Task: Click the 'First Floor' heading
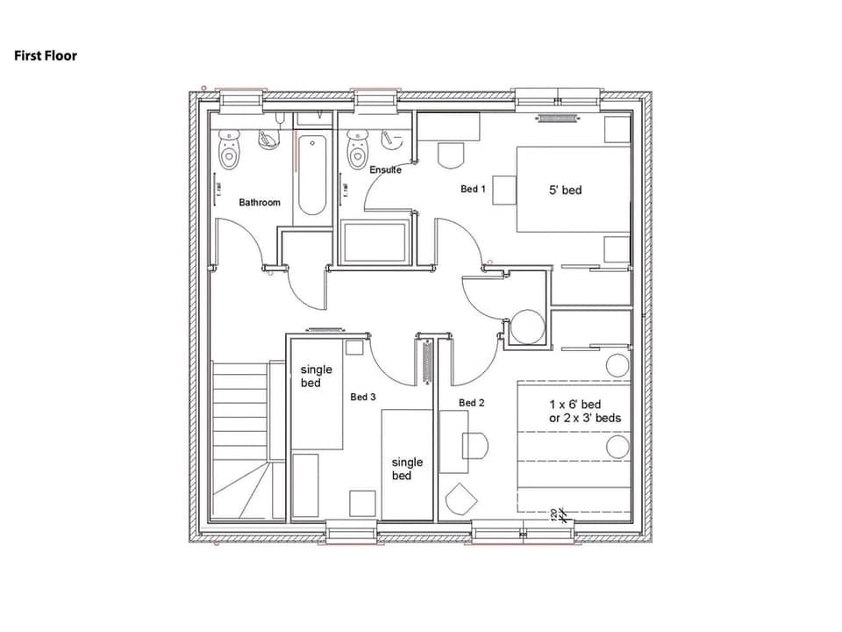point(46,55)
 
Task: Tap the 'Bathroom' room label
point(260,203)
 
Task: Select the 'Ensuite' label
point(385,169)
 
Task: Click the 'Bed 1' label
point(473,189)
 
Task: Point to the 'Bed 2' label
point(472,403)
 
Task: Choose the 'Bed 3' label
point(363,397)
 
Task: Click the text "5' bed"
point(565,190)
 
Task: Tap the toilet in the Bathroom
point(230,151)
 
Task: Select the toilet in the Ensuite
point(357,150)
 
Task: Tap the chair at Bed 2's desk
point(475,446)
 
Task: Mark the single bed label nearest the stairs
point(316,377)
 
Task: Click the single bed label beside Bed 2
point(407,469)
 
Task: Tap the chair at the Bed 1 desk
point(450,156)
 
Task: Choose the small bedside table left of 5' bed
point(503,190)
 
